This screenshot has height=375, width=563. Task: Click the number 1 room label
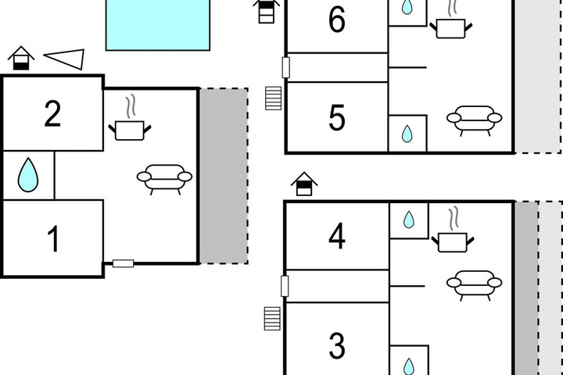tap(53, 239)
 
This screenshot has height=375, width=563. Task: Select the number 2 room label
tap(52, 114)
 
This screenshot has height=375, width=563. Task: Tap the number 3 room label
tap(337, 345)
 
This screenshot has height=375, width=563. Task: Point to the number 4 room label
tap(337, 235)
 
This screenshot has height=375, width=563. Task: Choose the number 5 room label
tap(337, 117)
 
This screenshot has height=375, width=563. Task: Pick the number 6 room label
tap(337, 20)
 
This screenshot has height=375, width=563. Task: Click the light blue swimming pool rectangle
tap(158, 24)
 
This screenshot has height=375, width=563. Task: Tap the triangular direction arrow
tap(65, 59)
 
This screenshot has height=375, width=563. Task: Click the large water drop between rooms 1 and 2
tap(28, 175)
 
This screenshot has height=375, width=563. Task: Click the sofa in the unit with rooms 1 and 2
tap(164, 180)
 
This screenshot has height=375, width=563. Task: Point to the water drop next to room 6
tap(407, 7)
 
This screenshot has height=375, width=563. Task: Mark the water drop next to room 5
tap(407, 134)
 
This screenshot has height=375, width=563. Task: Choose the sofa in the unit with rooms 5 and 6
tap(475, 120)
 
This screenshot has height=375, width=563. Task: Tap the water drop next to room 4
tap(409, 220)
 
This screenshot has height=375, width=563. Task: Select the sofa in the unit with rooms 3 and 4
tap(475, 285)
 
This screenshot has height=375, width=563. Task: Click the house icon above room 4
tap(304, 184)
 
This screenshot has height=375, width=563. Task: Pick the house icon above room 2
tap(21, 58)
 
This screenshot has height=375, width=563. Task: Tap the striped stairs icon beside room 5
tap(273, 98)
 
